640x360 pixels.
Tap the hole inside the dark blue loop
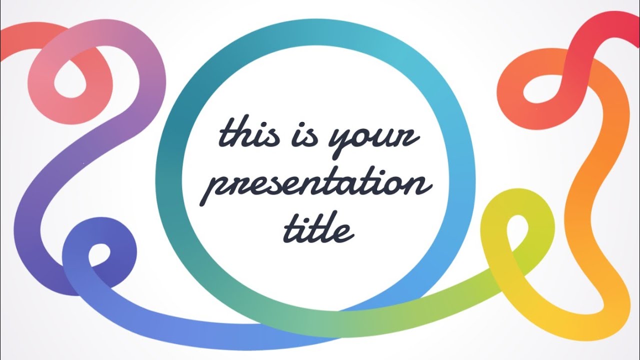coord(100,255)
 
